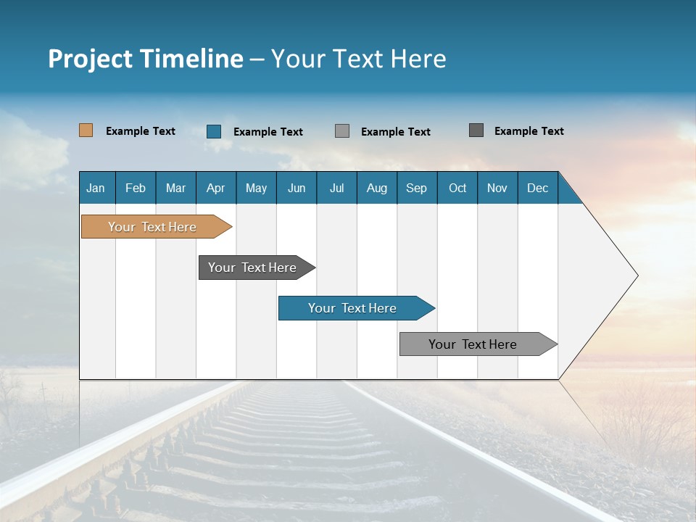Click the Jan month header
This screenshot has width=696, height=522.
pos(96,188)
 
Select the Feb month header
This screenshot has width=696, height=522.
pos(136,188)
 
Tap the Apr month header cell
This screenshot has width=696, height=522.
pos(216,188)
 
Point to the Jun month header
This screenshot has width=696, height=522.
pos(297,188)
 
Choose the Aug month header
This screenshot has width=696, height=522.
pos(377,188)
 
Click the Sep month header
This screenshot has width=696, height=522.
pos(417,188)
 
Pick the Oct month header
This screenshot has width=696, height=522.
pos(457,188)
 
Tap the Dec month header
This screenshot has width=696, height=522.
pos(538,188)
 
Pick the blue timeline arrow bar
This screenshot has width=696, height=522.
pos(353,308)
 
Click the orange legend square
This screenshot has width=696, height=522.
pos(86,130)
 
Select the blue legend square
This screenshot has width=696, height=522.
pos(214,131)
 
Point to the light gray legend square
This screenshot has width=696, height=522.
pos(342,131)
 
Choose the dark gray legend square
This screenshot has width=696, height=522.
pos(476,130)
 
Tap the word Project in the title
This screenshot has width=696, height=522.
pos(89,59)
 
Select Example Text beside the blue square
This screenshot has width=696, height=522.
pos(268,132)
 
